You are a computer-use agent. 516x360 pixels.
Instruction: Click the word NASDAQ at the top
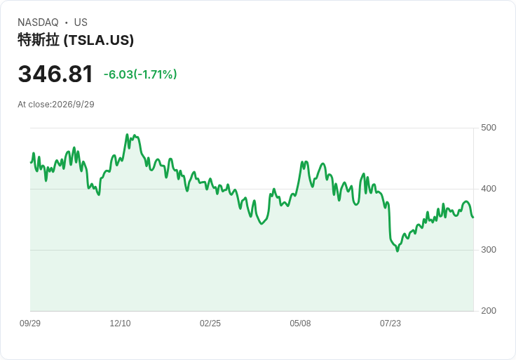click(38, 22)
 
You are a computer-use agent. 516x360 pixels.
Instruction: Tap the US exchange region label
click(81, 22)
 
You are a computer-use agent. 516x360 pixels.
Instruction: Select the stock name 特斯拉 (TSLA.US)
click(76, 40)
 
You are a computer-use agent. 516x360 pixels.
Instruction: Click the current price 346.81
click(55, 74)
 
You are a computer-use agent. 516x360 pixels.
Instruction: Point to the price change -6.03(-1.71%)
click(140, 74)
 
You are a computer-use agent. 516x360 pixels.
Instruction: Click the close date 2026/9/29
click(74, 105)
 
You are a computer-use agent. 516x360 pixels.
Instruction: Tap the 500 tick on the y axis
click(489, 128)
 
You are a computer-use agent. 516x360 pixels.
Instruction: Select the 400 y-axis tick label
click(489, 189)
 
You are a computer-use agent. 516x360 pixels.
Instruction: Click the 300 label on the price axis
click(489, 250)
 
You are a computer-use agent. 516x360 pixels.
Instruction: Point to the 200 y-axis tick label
click(489, 311)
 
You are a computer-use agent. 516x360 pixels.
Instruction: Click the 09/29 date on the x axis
click(30, 324)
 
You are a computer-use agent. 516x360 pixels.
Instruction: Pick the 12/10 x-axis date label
click(120, 324)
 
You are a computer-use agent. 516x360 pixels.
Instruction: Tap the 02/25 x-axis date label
click(210, 324)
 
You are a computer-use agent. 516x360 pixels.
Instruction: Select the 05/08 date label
click(300, 324)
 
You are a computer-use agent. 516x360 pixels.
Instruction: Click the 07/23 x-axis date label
click(391, 324)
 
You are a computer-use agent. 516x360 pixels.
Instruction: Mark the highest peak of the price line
click(128, 134)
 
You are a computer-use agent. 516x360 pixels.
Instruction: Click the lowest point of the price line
click(398, 251)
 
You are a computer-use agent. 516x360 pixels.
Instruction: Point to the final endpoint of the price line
click(473, 217)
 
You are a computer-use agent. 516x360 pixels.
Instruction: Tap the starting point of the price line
click(31, 162)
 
